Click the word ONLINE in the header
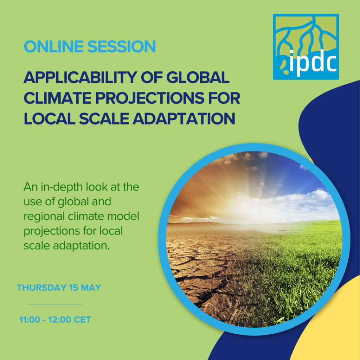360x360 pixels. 53,46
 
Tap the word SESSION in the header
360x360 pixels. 122,46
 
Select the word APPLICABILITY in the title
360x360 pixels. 81,77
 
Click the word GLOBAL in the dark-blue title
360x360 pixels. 198,77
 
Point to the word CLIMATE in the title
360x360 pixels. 58,98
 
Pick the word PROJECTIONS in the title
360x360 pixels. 150,98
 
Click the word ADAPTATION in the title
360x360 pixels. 184,119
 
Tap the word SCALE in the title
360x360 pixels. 104,119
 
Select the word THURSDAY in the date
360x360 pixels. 41,288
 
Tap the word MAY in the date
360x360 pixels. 91,288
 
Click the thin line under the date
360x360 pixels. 55,304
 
